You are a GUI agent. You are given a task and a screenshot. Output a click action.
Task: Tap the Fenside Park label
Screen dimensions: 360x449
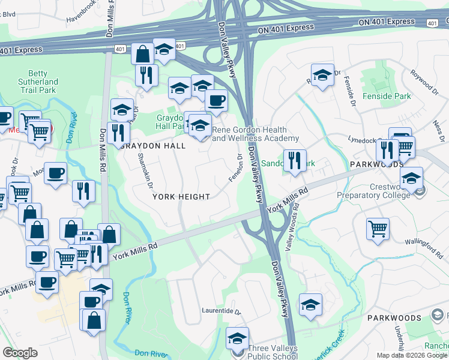point(387,96)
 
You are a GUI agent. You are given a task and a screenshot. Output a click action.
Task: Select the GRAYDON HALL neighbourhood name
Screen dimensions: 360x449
point(151,146)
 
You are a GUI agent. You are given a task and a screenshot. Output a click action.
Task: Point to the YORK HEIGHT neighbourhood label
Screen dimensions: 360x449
point(181,197)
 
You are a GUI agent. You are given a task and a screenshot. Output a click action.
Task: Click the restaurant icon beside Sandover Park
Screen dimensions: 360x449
point(294,160)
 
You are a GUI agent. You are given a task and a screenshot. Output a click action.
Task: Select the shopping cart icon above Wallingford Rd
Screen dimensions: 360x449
point(378,228)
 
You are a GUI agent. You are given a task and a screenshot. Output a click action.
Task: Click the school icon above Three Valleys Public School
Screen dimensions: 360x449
point(238,337)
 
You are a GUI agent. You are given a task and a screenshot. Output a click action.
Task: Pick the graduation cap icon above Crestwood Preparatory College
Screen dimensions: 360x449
point(411,178)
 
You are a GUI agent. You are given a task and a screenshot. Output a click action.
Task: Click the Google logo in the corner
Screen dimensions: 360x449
point(20,353)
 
